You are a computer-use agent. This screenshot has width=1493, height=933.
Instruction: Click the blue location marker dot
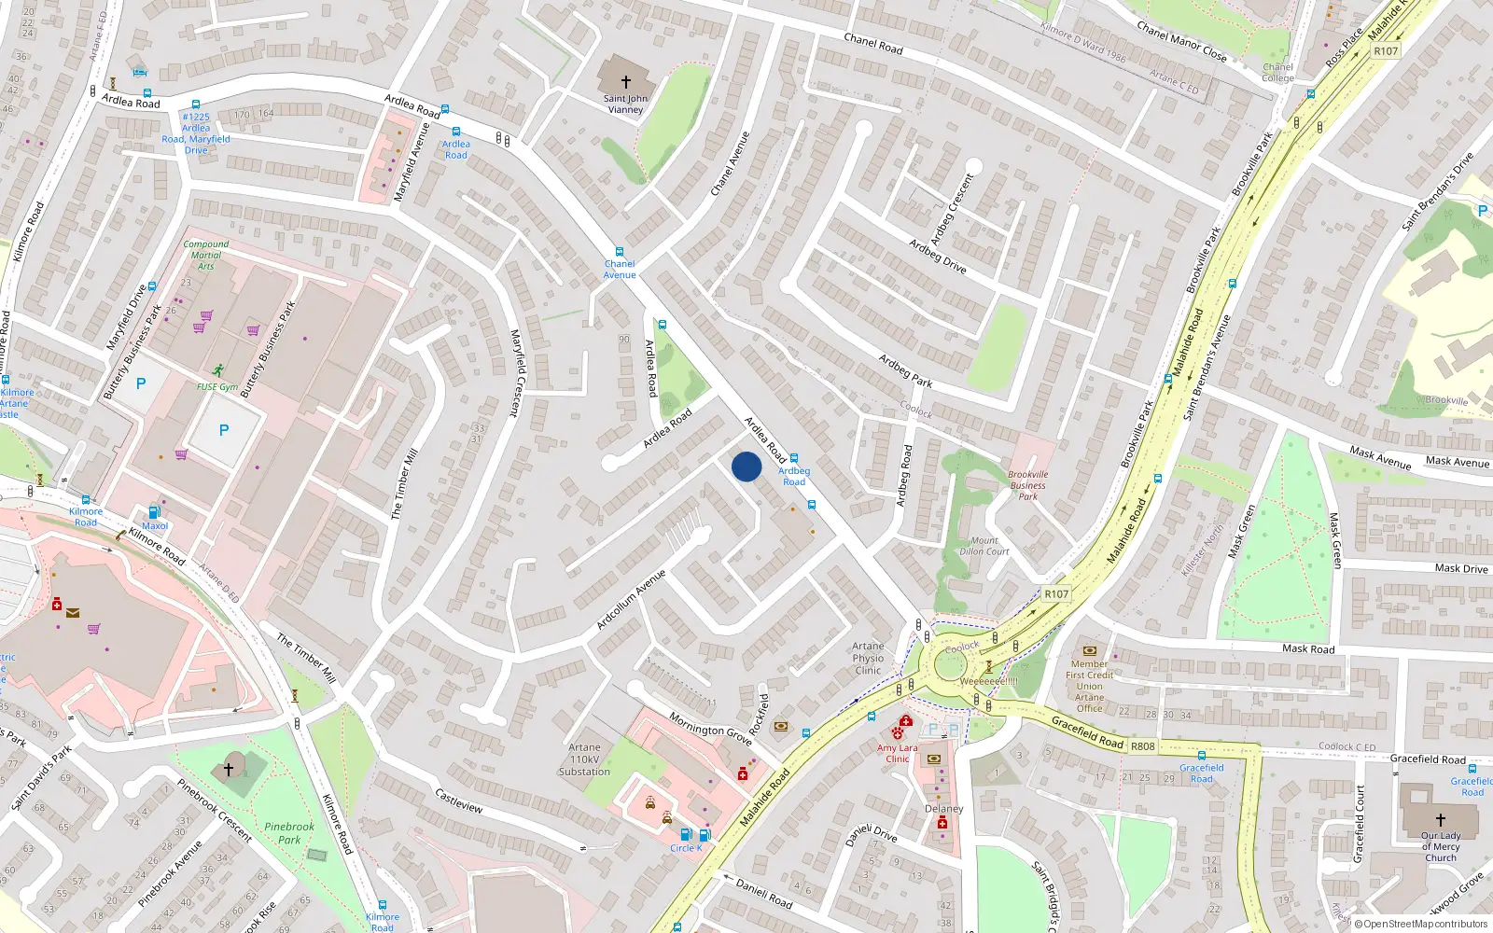coord(746,466)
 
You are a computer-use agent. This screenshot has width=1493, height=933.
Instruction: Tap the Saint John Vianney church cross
coord(625,82)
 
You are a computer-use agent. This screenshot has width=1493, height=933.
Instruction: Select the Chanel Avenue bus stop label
coord(619,270)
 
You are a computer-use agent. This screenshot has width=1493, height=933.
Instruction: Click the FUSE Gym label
coord(217,386)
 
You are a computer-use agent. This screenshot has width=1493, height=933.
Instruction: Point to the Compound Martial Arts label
coord(205,255)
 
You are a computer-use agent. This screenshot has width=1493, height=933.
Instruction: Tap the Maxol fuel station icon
coord(155,511)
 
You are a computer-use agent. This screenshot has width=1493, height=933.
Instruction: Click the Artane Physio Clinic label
coord(868,658)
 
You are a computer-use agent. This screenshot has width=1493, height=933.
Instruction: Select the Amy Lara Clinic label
coord(897,753)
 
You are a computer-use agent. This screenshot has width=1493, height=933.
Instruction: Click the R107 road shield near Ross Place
coord(1386,51)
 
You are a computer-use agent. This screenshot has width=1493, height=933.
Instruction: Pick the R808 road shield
coord(1142,746)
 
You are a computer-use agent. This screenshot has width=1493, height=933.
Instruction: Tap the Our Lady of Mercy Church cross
coord(1441,819)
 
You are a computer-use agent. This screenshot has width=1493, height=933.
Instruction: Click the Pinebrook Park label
coord(289,832)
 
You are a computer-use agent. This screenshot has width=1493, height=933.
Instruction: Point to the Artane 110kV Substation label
coord(584,759)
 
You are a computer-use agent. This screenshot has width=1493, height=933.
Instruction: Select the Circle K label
coord(686,848)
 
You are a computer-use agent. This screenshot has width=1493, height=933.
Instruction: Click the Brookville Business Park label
coord(1027,485)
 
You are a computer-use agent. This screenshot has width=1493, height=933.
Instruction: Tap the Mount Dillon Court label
coord(984,546)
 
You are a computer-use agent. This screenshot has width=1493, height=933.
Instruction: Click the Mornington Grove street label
coord(711,729)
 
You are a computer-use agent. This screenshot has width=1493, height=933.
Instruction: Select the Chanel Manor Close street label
coord(1181,42)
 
